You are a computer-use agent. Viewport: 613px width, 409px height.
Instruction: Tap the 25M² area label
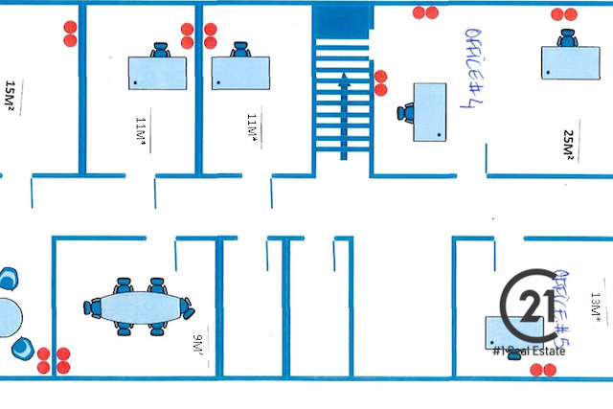(568, 144)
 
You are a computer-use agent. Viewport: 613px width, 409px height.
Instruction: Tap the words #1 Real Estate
(529, 352)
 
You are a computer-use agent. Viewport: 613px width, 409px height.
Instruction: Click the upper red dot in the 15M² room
(69, 28)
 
